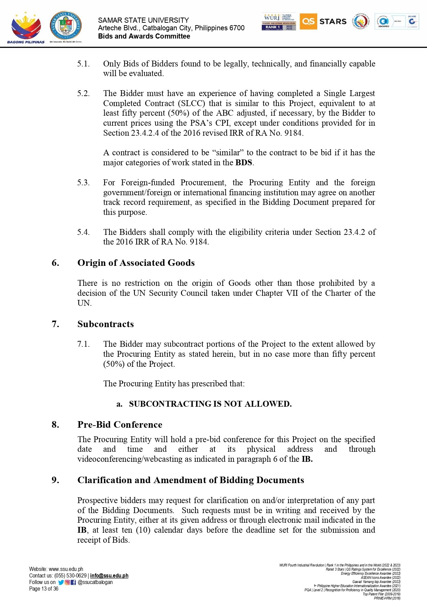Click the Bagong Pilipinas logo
coord(26,28)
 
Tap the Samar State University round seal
coord(66,26)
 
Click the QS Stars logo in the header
coord(323,21)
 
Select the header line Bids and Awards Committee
coord(144,37)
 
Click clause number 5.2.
coord(83,93)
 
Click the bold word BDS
coord(244,163)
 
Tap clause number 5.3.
coord(83,183)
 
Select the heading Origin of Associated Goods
coord(136,263)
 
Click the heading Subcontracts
coord(105,324)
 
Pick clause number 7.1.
coord(83,344)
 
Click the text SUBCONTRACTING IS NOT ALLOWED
coord(210,404)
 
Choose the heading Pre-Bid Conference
coord(120,425)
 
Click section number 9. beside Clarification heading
coord(55,480)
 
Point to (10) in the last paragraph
coord(143,530)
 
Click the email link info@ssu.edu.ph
coord(109,576)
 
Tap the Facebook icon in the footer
coord(73,582)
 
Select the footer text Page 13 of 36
coord(44,589)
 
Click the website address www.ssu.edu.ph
coord(66,569)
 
